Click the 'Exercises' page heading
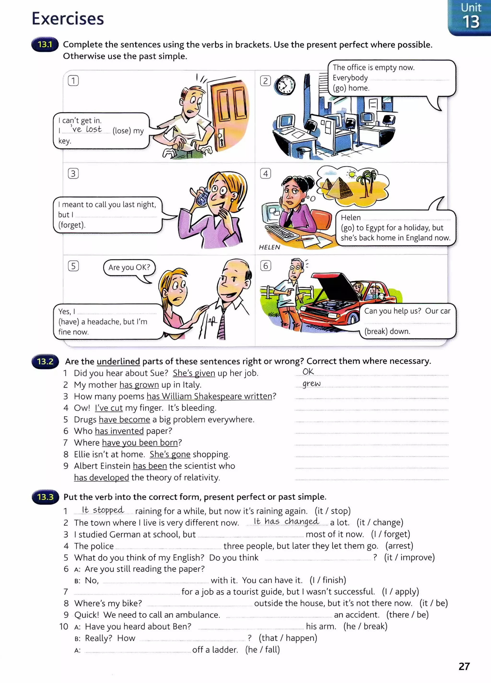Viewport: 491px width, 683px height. (x=68, y=19)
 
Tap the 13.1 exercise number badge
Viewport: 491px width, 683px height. (x=45, y=45)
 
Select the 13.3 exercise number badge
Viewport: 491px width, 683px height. (x=45, y=497)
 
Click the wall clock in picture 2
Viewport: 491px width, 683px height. (x=285, y=85)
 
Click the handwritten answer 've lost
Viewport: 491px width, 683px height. (x=87, y=130)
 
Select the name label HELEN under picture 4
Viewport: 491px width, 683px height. (x=269, y=247)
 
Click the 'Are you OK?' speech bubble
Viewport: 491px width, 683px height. (x=129, y=268)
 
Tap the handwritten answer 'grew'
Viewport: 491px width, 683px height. (x=311, y=384)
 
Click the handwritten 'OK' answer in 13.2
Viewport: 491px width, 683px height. (x=308, y=372)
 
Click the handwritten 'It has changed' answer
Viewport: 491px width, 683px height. (x=286, y=521)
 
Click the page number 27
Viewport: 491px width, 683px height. (x=464, y=666)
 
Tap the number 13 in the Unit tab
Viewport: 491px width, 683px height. (x=471, y=22)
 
